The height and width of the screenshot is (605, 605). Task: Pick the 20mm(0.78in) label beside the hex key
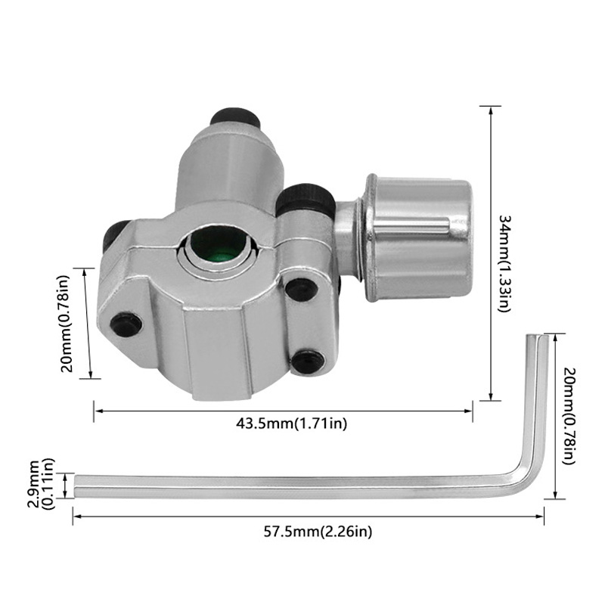(x=572, y=418)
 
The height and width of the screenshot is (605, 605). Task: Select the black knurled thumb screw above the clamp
(x=305, y=197)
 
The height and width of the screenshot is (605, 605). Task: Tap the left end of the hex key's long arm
(x=76, y=486)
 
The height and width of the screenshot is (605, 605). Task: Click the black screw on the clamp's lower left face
(x=126, y=324)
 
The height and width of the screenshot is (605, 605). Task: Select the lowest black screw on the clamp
(x=306, y=361)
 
